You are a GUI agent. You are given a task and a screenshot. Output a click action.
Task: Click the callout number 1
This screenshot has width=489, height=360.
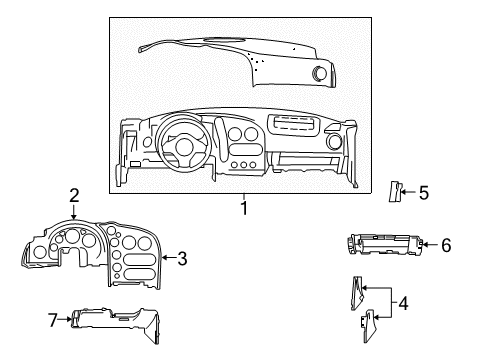pos(243,208)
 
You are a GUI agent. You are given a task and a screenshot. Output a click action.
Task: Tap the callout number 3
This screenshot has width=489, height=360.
pos(182,259)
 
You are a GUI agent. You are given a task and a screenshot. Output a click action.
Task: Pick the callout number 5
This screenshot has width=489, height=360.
pos(423,192)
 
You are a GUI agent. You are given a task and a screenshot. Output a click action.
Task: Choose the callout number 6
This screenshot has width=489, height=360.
pos(446,244)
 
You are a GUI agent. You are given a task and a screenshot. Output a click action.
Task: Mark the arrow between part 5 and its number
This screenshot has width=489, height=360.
pos(408,192)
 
